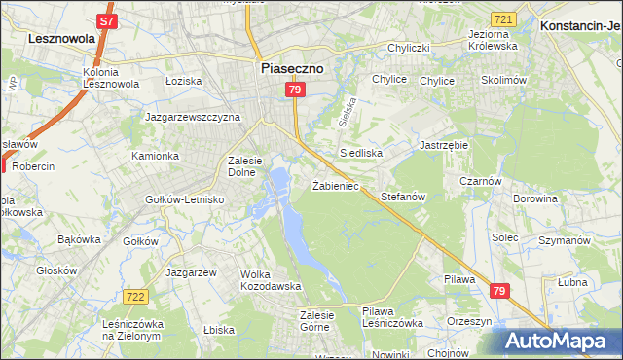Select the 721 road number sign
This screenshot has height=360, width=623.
click(x=503, y=19)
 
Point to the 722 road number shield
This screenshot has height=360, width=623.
click(x=135, y=295)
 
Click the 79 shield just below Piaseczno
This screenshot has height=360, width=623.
click(x=296, y=90)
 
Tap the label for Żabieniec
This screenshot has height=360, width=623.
click(x=336, y=185)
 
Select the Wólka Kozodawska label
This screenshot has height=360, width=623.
click(x=272, y=280)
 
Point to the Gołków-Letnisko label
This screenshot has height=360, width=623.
click(x=185, y=199)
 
